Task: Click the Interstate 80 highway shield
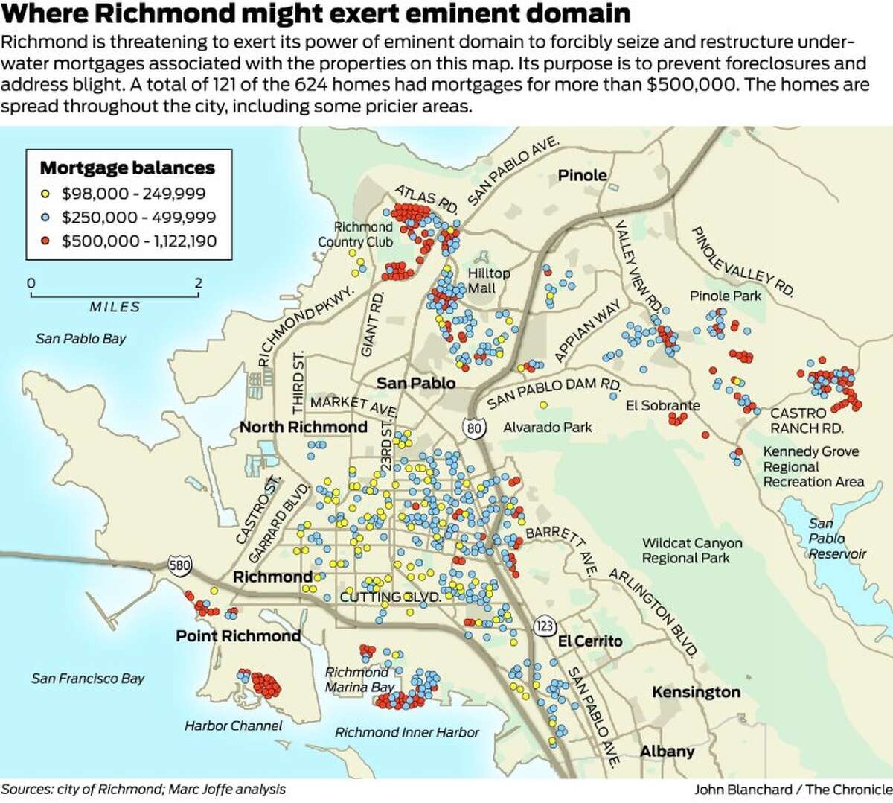click(x=474, y=428)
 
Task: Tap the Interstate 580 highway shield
click(x=179, y=565)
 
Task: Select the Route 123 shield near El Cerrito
click(x=545, y=626)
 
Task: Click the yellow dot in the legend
click(x=45, y=194)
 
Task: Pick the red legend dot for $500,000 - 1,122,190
click(x=45, y=241)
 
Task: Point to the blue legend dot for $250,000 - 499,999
click(x=45, y=218)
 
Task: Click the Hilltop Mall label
click(x=489, y=281)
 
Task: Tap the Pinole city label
click(x=582, y=175)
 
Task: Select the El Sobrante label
click(x=662, y=405)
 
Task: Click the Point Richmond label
click(x=238, y=635)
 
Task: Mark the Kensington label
click(x=696, y=692)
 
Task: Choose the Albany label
click(x=667, y=751)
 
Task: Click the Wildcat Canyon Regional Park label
click(x=691, y=550)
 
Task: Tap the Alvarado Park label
click(x=547, y=427)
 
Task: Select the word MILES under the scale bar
click(x=115, y=307)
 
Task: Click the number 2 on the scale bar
click(x=198, y=283)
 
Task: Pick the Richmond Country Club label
click(x=355, y=234)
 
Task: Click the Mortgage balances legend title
click(x=127, y=168)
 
